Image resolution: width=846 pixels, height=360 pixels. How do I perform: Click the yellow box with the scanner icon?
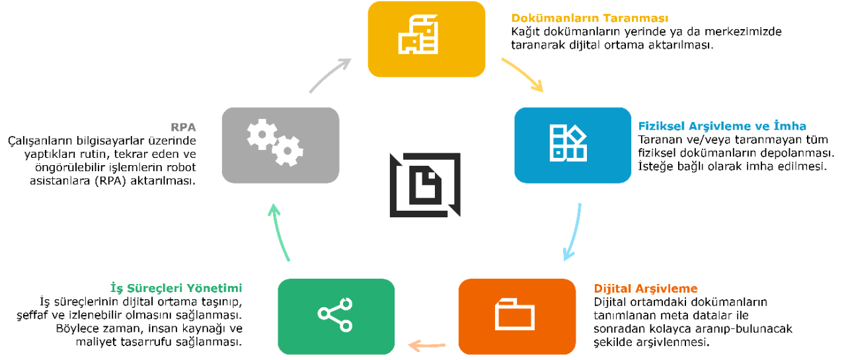(x=426, y=39)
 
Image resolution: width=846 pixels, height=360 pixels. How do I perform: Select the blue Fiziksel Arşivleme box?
(x=572, y=145)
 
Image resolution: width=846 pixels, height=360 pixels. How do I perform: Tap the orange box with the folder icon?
(x=517, y=316)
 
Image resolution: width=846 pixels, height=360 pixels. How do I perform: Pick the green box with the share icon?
(x=336, y=316)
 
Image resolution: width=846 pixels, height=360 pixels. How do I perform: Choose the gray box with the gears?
(x=280, y=145)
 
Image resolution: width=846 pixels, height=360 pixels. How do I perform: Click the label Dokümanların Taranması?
(x=590, y=18)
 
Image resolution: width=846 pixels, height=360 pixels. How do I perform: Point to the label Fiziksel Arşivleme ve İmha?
(x=722, y=126)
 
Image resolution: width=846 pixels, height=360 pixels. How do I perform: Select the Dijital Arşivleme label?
(x=646, y=289)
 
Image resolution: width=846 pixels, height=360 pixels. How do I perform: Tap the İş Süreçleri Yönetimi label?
(x=176, y=289)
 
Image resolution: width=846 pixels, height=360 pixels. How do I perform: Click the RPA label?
(x=184, y=127)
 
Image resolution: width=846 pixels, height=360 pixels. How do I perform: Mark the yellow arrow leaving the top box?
(x=523, y=73)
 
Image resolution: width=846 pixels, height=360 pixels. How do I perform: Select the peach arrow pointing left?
(x=427, y=345)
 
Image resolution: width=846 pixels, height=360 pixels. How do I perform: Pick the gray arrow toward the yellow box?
(x=330, y=75)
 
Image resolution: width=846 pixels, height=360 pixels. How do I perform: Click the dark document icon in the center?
(x=425, y=185)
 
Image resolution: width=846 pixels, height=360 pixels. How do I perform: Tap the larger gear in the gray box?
(x=262, y=134)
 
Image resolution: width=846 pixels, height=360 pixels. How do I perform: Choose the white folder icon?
(x=515, y=314)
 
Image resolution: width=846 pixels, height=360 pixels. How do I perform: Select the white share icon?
(x=336, y=314)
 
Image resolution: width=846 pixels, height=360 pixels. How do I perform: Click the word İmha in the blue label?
(x=790, y=126)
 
